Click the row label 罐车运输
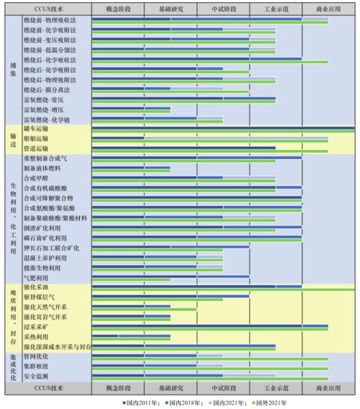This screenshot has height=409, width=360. [35, 128]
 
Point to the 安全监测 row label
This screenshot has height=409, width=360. [36, 377]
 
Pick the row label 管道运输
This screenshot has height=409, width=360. [35, 148]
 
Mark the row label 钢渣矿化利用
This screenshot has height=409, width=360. [42, 228]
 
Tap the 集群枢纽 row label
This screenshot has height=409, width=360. [36, 367]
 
